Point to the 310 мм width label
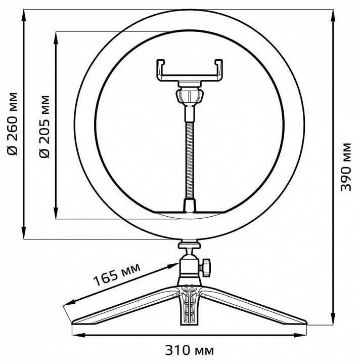[189, 350]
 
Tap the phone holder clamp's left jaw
[161, 70]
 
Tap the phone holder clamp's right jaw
[219, 70]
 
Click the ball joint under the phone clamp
[190, 95]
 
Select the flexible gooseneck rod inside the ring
[190, 152]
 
